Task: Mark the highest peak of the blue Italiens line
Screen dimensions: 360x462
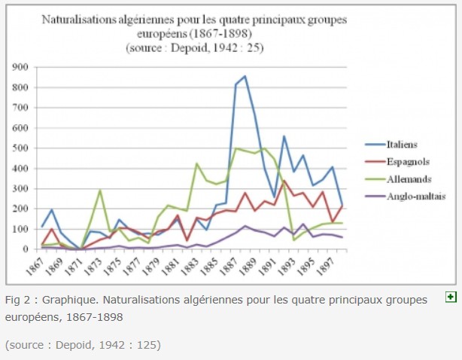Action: point(245,76)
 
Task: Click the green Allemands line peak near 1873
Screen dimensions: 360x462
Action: point(100,190)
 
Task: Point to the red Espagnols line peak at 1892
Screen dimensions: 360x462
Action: point(284,182)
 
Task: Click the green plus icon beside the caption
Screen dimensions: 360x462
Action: point(451,298)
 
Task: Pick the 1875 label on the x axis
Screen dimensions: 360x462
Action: point(117,264)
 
